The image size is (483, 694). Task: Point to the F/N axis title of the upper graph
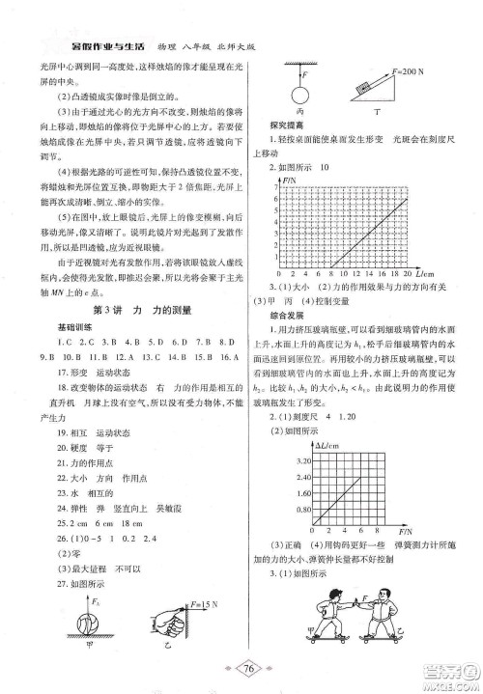click(x=290, y=180)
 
